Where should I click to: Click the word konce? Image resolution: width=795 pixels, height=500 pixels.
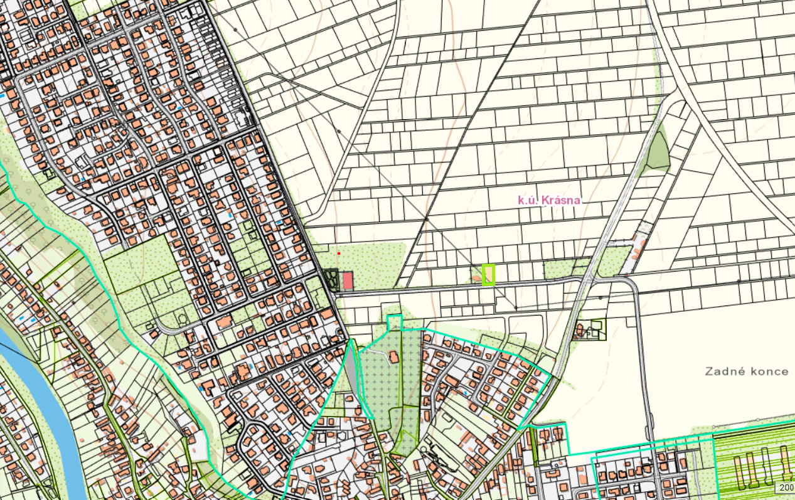(x=769, y=371)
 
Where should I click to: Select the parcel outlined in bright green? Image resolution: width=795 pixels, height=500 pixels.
(x=489, y=275)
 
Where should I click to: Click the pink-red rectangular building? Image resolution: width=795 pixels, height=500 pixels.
(x=348, y=280)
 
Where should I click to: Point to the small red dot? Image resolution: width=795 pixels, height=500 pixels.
(x=339, y=253)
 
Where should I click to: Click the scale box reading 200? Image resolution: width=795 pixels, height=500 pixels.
(x=786, y=487)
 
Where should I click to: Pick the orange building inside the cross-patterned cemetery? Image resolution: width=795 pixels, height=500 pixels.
(x=394, y=357)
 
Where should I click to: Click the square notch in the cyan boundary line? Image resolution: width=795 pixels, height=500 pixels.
(x=394, y=322)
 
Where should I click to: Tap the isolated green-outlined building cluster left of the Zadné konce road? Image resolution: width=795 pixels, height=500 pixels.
(x=590, y=329)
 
